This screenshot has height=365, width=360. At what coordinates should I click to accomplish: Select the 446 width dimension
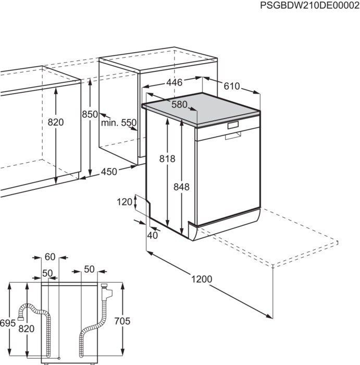pos(175,82)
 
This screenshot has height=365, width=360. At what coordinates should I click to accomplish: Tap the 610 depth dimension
pos(232,86)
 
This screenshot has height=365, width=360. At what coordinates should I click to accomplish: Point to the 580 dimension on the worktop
pos(179,104)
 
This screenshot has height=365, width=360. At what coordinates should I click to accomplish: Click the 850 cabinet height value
pos(90,114)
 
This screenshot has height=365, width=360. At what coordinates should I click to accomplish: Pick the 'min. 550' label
pos(119,123)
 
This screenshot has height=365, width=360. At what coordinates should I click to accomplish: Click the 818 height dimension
pos(167,159)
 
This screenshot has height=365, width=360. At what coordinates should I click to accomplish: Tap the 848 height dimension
pos(182,187)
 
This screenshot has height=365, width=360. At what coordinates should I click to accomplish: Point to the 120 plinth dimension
pos(125,202)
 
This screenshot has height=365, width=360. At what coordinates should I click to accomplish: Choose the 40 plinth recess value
pos(152,235)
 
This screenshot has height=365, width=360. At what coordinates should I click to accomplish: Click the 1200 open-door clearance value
pos(202,279)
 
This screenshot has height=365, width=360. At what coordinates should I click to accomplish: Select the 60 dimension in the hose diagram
pos(50,257)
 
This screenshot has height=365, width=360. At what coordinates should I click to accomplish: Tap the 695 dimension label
pos(7,323)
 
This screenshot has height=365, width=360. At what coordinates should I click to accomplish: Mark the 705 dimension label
pos(122,321)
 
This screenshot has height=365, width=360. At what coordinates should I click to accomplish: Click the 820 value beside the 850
pos(55,123)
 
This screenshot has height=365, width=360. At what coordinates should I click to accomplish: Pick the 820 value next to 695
pos(26,328)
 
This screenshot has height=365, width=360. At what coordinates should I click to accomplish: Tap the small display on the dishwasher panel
pos(232,126)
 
